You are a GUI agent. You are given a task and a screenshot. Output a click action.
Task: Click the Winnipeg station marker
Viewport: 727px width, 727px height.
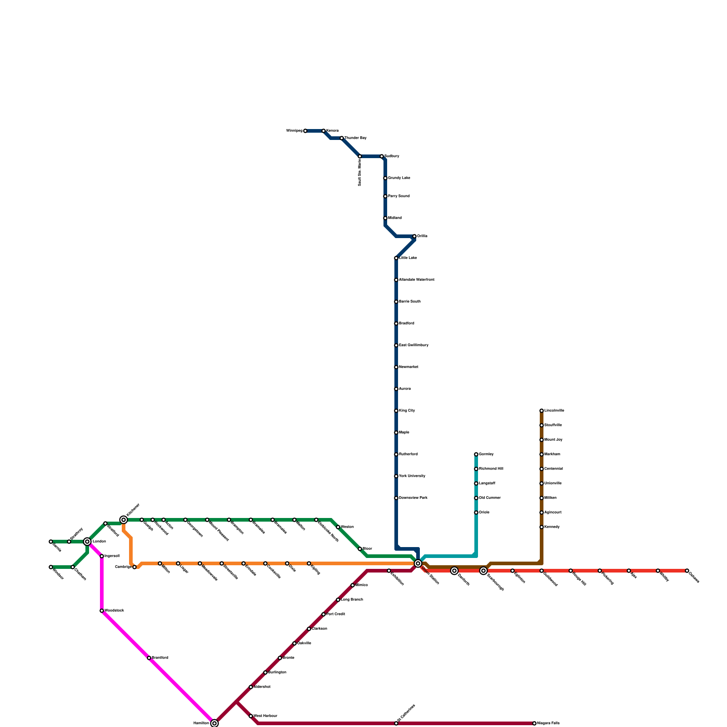(x=305, y=131)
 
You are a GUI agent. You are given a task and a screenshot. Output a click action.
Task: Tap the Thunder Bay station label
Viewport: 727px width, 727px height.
(x=355, y=138)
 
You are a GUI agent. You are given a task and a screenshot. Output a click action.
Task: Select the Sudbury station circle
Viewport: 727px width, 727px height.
(x=382, y=156)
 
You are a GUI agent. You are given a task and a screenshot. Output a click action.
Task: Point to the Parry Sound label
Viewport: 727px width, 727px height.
(x=398, y=196)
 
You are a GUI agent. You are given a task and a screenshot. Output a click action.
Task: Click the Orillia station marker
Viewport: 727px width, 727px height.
(x=414, y=236)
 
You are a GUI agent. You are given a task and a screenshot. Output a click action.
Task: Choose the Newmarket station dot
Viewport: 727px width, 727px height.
(x=396, y=367)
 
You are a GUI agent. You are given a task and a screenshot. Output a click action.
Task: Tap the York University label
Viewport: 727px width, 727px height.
(x=412, y=476)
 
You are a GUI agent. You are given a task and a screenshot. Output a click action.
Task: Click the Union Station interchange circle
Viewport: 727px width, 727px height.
(x=418, y=563)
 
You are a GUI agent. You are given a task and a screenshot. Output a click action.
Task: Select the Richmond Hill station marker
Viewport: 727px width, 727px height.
(x=476, y=469)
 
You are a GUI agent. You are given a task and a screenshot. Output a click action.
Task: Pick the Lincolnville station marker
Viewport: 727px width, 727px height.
(x=542, y=411)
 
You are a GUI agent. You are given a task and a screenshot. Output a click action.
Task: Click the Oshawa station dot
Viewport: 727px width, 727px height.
(x=687, y=571)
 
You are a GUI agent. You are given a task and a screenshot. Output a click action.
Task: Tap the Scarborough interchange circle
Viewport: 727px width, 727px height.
(x=483, y=571)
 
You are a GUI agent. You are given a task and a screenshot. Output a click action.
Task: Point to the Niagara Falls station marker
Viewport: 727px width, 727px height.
(x=534, y=723)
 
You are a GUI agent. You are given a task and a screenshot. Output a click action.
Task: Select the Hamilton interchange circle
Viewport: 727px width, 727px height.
(x=214, y=723)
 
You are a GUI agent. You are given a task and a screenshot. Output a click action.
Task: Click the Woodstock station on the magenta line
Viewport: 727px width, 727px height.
(x=102, y=611)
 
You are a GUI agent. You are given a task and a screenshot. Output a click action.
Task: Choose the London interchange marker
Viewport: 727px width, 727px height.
(x=87, y=542)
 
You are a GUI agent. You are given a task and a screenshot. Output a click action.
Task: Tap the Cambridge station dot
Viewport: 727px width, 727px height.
(x=134, y=567)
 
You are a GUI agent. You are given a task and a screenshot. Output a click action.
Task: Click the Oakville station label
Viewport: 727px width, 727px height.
(x=304, y=643)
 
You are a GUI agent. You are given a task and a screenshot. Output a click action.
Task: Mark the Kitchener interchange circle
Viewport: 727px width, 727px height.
(x=124, y=520)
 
